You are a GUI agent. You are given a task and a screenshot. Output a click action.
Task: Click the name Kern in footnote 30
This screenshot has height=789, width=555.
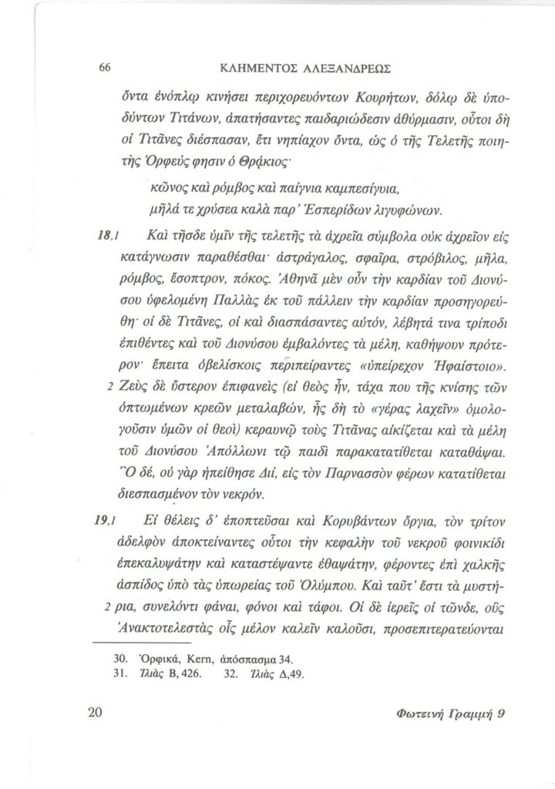coord(195,660)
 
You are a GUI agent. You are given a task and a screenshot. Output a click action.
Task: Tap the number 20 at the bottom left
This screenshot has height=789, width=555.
coord(96,713)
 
